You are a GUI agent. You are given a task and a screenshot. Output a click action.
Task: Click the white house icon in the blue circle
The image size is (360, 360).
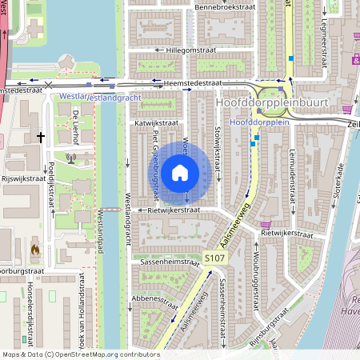180,173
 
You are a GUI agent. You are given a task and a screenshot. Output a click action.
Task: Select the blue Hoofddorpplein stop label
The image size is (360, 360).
257,123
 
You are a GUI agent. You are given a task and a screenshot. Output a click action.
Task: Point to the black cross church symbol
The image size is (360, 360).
40,138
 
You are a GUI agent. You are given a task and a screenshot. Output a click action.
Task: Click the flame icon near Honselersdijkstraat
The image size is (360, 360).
35,250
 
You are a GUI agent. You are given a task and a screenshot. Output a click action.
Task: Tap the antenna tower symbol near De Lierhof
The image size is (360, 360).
71,158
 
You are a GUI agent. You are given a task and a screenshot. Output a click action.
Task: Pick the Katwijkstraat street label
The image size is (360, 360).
156,122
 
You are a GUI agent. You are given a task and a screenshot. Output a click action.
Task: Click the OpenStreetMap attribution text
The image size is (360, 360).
81,354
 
